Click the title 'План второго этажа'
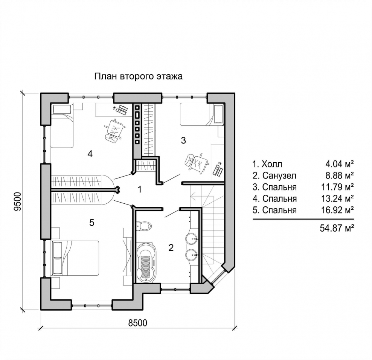click(139, 77)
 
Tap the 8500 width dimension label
click(137, 323)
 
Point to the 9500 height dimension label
click(18, 201)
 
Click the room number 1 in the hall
click(140, 190)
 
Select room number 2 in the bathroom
click(171, 248)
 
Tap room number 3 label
click(183, 140)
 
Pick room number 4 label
click(90, 154)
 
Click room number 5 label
click(92, 223)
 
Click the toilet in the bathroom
click(143, 226)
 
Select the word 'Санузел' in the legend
click(279, 176)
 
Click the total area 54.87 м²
click(337, 228)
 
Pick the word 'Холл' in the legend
click(272, 164)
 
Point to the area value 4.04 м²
click(340, 164)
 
